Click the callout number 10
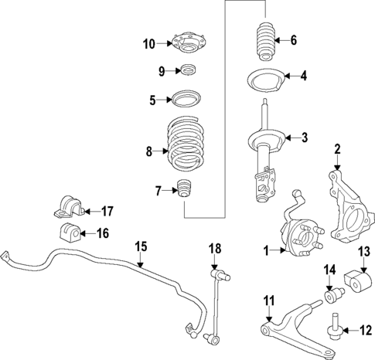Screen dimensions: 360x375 tap(149, 44)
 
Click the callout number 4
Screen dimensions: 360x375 tap(304, 76)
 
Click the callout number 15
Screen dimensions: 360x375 tap(140, 246)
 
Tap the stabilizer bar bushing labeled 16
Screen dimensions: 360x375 tap(68, 232)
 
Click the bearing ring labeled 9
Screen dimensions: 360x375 tap(186, 72)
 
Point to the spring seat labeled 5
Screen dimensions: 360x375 tap(185, 99)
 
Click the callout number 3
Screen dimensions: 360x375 tap(304, 138)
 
